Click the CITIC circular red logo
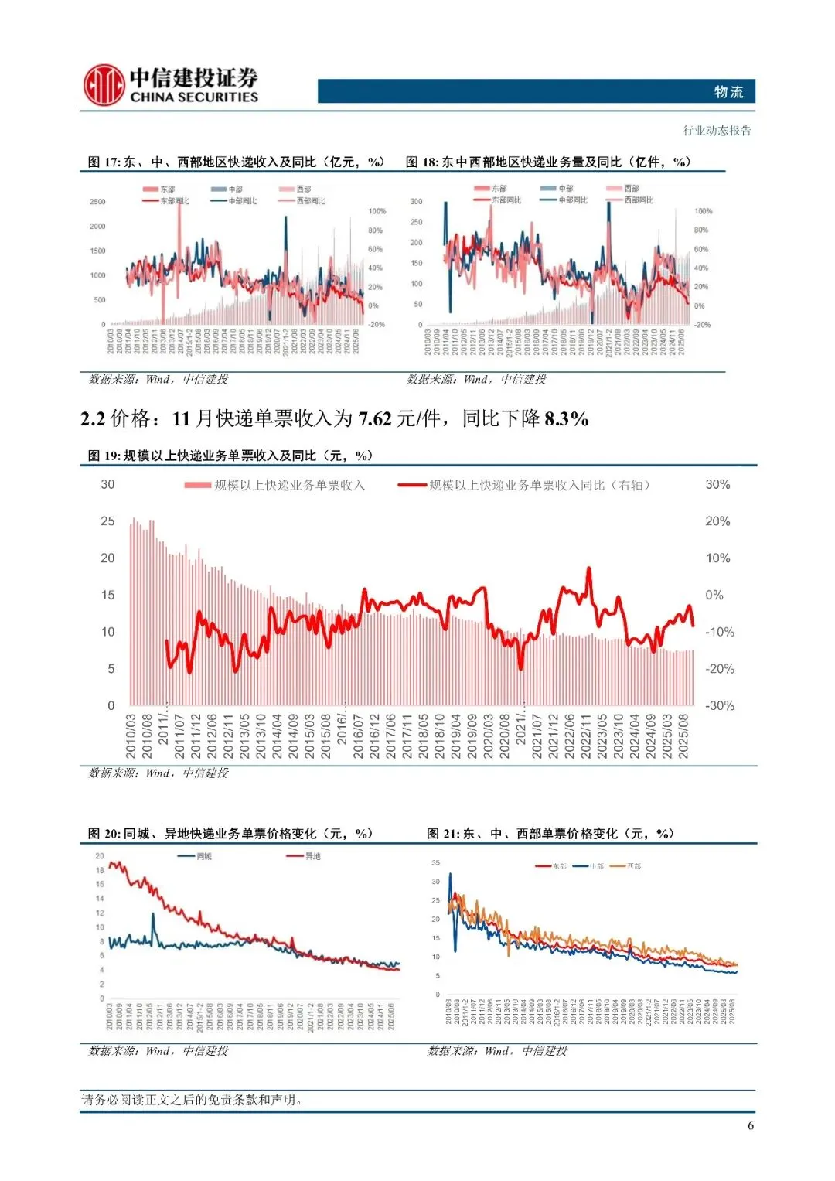[x=104, y=85]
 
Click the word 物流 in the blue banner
[x=728, y=92]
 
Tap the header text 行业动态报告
[x=717, y=131]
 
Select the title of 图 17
[x=236, y=162]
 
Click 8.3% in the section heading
[x=567, y=419]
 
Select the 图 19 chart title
[x=230, y=456]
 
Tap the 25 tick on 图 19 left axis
[x=107, y=521]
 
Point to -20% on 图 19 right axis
[x=719, y=669]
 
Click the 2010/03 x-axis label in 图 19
[x=130, y=736]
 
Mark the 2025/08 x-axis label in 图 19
[x=683, y=736]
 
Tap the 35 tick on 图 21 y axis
[x=436, y=863]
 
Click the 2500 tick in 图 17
[x=97, y=202]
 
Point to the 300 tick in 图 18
[x=417, y=202]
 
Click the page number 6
[x=751, y=1125]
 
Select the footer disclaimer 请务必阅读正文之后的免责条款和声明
[x=192, y=1100]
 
